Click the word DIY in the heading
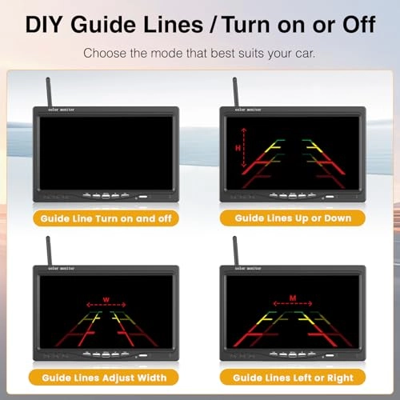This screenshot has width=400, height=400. point(44,25)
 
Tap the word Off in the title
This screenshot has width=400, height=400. point(359,25)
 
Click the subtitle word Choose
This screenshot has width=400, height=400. point(105,53)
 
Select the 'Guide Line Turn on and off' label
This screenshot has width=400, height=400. point(106,218)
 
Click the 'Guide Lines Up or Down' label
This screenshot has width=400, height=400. point(293,218)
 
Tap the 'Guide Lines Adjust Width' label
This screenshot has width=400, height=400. point(104,378)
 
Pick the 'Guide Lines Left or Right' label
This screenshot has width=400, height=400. point(293,378)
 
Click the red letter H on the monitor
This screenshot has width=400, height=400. point(238,148)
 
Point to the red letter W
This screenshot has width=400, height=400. point(106,299)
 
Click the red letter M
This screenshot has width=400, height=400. point(293,298)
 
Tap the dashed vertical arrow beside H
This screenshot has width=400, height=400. point(244,148)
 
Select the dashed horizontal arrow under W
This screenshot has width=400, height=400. point(106,305)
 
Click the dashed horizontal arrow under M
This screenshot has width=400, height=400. point(293,303)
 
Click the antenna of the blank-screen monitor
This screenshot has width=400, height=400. point(49,92)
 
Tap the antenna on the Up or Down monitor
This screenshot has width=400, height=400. point(235,92)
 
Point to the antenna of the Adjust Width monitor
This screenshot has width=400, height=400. point(49,250)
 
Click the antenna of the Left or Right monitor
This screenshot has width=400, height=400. point(235,250)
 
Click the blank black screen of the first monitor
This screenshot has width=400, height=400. point(106,153)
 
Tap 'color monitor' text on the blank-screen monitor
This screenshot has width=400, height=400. point(62,110)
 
